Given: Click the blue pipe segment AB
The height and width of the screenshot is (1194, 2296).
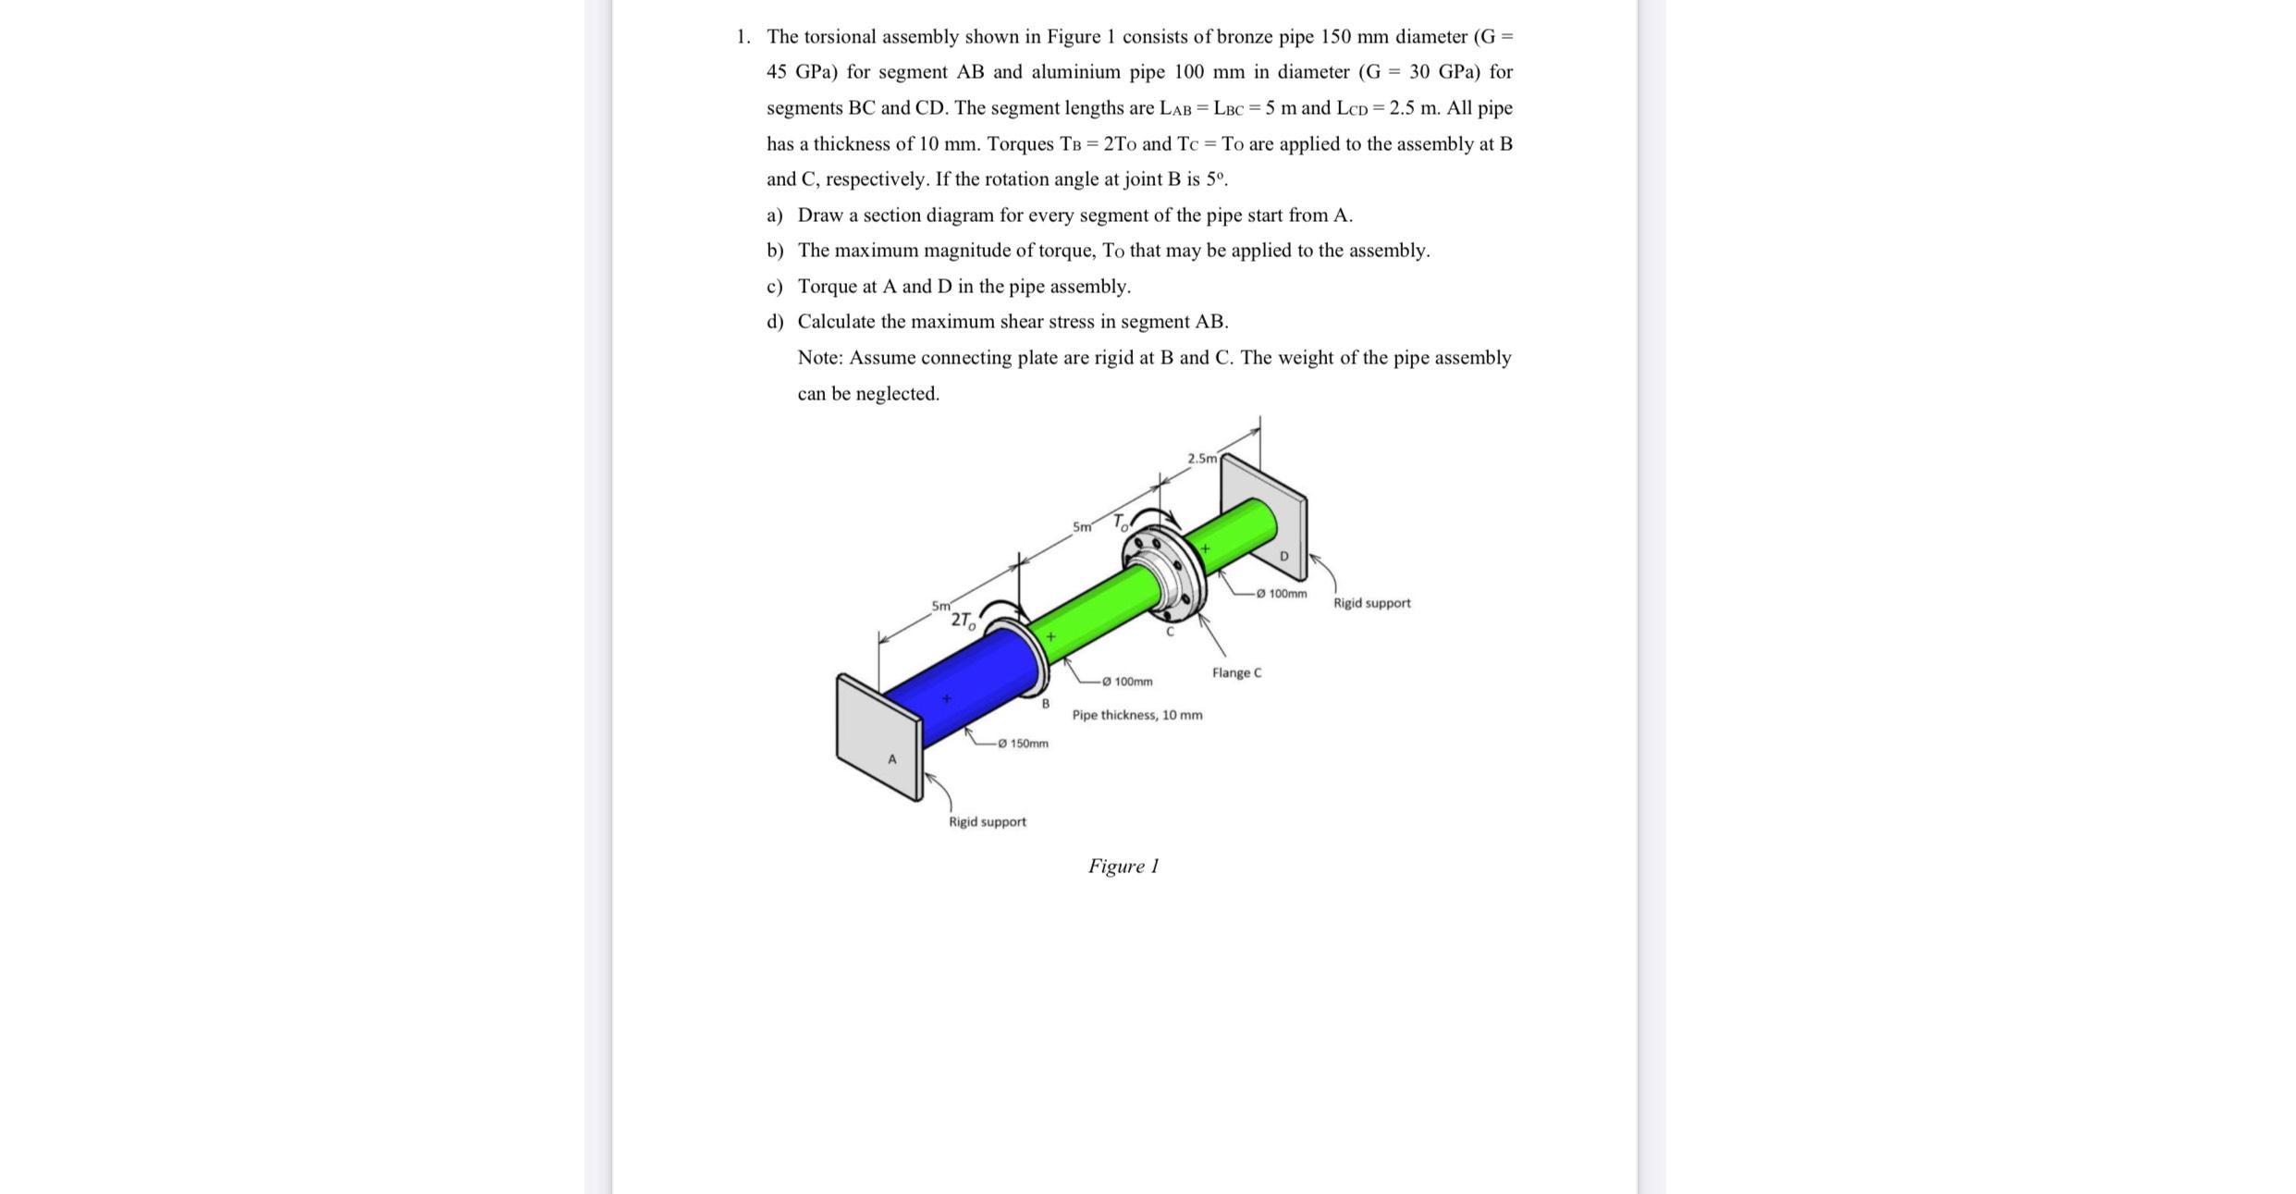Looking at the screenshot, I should (x=962, y=684).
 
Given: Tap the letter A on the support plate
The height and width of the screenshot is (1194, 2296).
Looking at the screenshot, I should (x=892, y=759).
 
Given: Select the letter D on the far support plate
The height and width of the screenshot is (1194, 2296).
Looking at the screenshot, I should (x=1283, y=556).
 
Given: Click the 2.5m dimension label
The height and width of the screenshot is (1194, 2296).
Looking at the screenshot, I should (x=1201, y=458).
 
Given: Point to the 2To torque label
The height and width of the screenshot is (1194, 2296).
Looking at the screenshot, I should (x=963, y=621).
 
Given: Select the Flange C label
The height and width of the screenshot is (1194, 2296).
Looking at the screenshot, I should (x=1236, y=673).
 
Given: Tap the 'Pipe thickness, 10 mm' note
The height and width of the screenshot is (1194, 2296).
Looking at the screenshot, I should (x=1136, y=715).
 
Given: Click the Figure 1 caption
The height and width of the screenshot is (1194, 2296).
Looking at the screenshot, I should (x=1123, y=866).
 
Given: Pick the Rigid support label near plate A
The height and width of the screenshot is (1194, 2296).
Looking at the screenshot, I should (x=987, y=821).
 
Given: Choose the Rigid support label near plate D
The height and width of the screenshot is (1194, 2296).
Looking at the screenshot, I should (x=1371, y=603).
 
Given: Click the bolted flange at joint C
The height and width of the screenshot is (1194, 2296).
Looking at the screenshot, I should (x=1163, y=573).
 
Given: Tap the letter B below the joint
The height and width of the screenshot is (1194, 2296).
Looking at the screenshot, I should (x=1046, y=704).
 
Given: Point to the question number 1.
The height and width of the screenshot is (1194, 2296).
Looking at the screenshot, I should (x=743, y=37).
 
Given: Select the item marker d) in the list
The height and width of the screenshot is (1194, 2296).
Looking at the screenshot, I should (x=775, y=322).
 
